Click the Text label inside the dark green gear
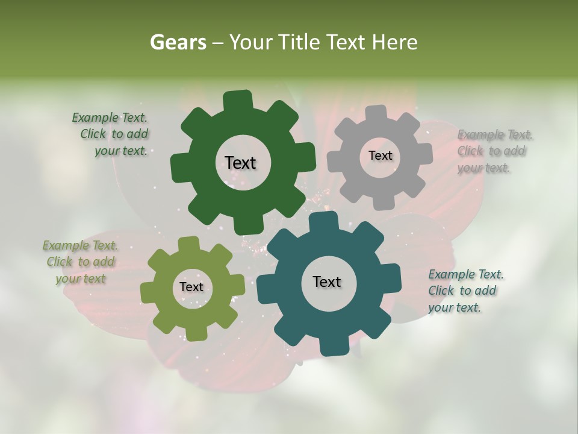pyautogui.click(x=241, y=163)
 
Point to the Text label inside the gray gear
pyautogui.click(x=380, y=156)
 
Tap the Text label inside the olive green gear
pyautogui.click(x=191, y=287)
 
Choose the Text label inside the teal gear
pyautogui.click(x=327, y=281)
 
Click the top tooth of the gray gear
pyautogui.click(x=376, y=113)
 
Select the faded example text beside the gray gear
pyautogui.click(x=494, y=151)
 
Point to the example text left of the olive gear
pyautogui.click(x=81, y=262)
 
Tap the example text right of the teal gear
pyautogui.click(x=465, y=291)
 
